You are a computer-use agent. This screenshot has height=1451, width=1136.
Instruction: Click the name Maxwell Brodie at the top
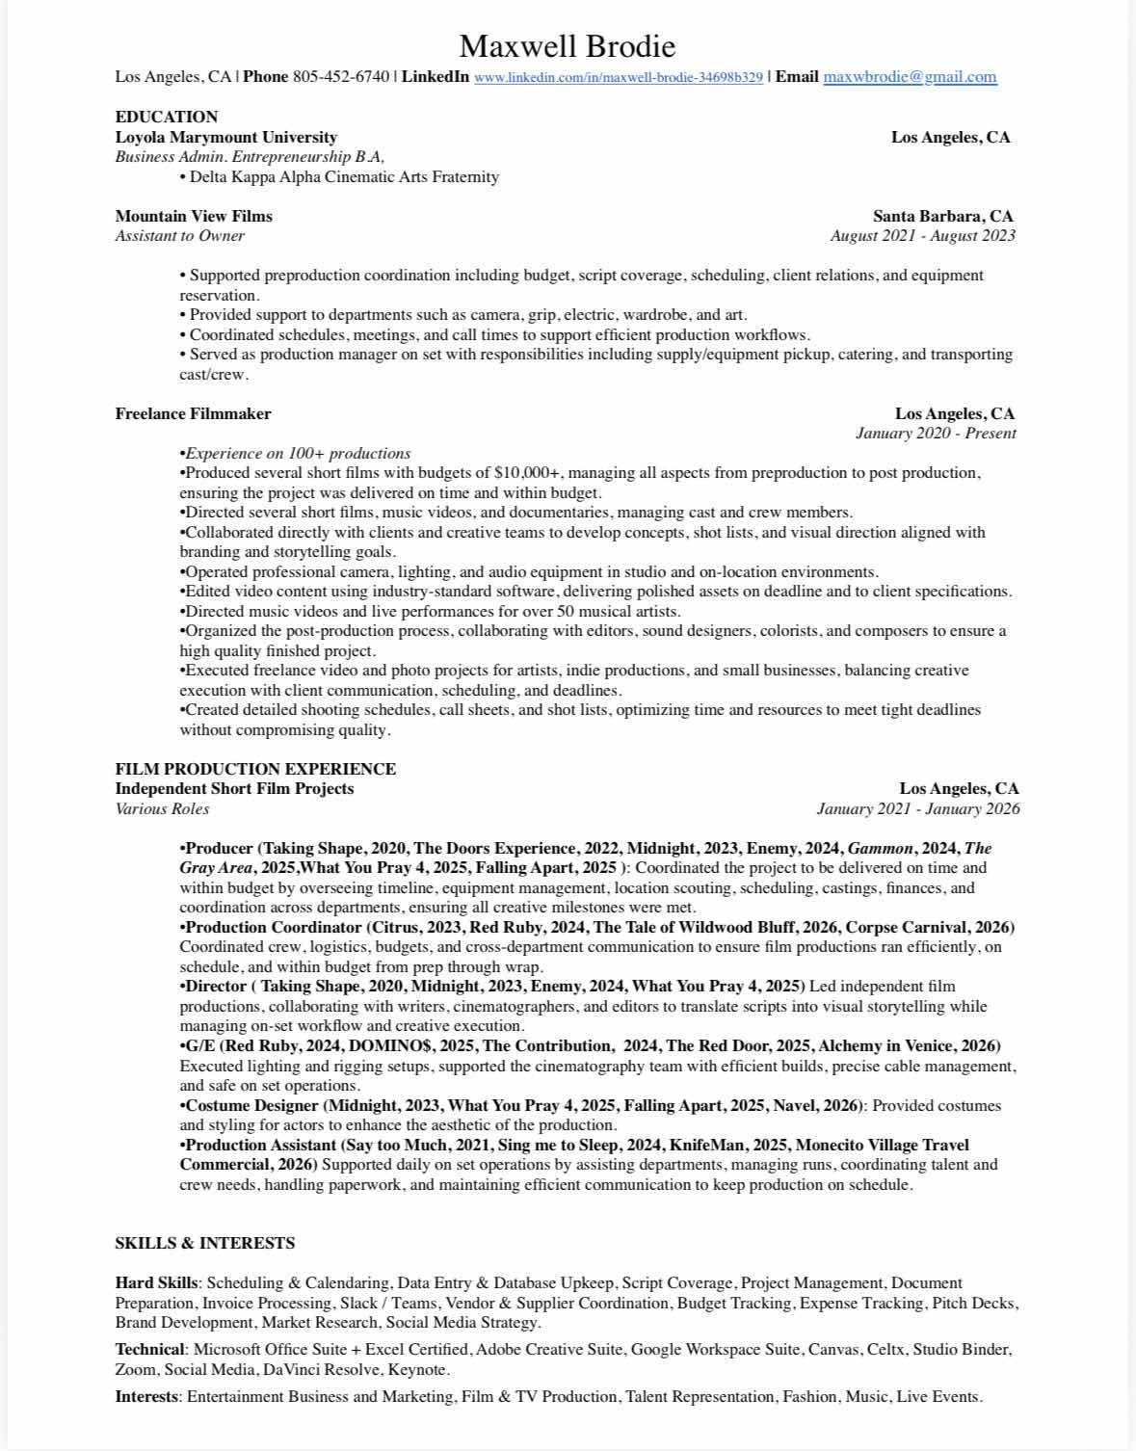(567, 46)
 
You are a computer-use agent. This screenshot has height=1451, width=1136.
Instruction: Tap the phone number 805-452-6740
(341, 77)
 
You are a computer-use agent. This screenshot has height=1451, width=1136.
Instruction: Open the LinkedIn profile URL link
(618, 77)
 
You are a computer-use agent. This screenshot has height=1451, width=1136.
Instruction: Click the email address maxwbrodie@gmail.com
(910, 77)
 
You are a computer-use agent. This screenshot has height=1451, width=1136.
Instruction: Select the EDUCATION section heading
(167, 117)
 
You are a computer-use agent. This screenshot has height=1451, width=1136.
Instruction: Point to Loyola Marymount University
(225, 137)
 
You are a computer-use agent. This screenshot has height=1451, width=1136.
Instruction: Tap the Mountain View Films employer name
(194, 216)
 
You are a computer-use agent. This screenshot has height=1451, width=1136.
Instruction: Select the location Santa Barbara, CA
(942, 216)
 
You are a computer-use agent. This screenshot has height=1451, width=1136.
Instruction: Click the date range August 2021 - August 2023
(922, 235)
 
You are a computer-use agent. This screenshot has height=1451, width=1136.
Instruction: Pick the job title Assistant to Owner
(179, 235)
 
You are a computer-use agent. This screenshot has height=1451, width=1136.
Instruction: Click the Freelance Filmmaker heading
(193, 413)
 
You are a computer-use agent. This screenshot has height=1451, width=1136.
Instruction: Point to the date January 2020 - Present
(935, 433)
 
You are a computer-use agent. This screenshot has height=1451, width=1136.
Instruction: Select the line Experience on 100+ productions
(297, 453)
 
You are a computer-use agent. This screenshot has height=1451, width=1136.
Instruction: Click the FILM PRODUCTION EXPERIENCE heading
(255, 769)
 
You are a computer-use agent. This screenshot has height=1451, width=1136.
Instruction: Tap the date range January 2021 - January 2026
(917, 808)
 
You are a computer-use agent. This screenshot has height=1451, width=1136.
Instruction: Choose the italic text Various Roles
(162, 808)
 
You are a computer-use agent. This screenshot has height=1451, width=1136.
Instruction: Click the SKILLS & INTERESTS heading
(204, 1243)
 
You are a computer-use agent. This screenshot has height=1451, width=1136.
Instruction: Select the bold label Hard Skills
(156, 1282)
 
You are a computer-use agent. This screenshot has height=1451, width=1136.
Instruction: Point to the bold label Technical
(149, 1349)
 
